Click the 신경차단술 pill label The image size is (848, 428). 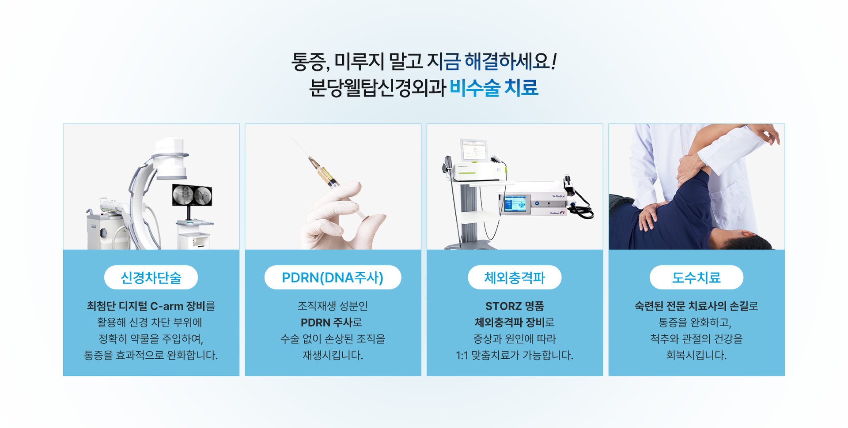pyautogui.click(x=151, y=278)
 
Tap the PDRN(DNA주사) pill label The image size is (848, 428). pyautogui.click(x=333, y=278)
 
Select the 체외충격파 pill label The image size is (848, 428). pyautogui.click(x=515, y=278)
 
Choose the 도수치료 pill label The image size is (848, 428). pyautogui.click(x=697, y=278)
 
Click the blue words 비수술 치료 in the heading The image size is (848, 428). pyautogui.click(x=494, y=87)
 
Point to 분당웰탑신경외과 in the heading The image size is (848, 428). pyautogui.click(x=377, y=87)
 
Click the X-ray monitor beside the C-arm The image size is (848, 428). pyautogui.click(x=192, y=195)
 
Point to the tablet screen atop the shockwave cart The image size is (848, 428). pyautogui.click(x=474, y=150)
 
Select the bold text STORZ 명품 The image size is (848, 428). pyautogui.click(x=515, y=306)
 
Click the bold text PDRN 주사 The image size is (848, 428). pyautogui.click(x=326, y=323)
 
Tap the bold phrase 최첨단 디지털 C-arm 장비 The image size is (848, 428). pyautogui.click(x=146, y=306)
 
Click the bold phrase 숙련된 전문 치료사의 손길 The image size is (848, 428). pyautogui.click(x=692, y=306)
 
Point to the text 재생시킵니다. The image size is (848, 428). pyautogui.click(x=333, y=355)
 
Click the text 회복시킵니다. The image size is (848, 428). pyautogui.click(x=697, y=355)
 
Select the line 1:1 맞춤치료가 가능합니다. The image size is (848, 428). pyautogui.click(x=515, y=355)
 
